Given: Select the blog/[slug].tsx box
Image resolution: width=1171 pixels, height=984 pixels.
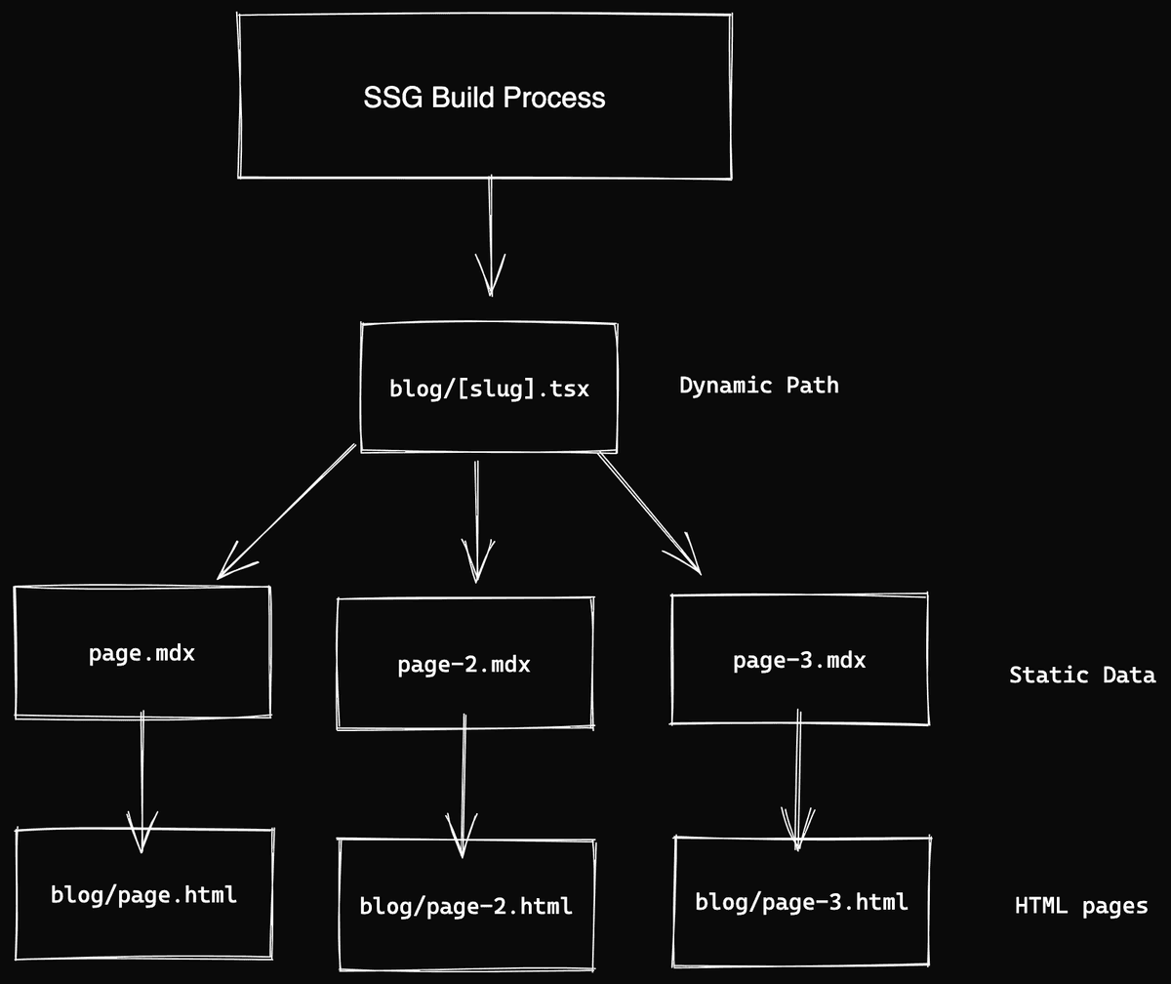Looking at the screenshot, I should coord(489,389).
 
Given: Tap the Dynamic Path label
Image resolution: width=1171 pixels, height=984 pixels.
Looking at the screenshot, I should coord(758,386).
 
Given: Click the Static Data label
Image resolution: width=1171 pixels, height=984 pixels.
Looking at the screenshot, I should coord(1081,675).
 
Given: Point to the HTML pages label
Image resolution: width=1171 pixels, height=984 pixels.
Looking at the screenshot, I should coord(1080,906).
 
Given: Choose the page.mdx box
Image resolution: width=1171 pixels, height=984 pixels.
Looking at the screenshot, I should coord(142,653).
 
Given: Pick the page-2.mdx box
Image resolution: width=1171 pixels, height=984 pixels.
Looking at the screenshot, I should coord(464,665).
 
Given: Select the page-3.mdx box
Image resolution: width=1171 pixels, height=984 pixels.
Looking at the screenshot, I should coord(799,661).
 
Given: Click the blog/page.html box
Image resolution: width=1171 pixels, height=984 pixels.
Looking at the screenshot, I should coord(144,894).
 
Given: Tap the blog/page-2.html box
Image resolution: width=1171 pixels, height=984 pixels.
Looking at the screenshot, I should coord(466,906).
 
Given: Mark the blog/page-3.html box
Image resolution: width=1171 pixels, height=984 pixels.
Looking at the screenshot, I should coord(802,901).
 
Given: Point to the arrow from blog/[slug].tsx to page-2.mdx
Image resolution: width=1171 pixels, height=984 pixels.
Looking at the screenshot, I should coord(476,517).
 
